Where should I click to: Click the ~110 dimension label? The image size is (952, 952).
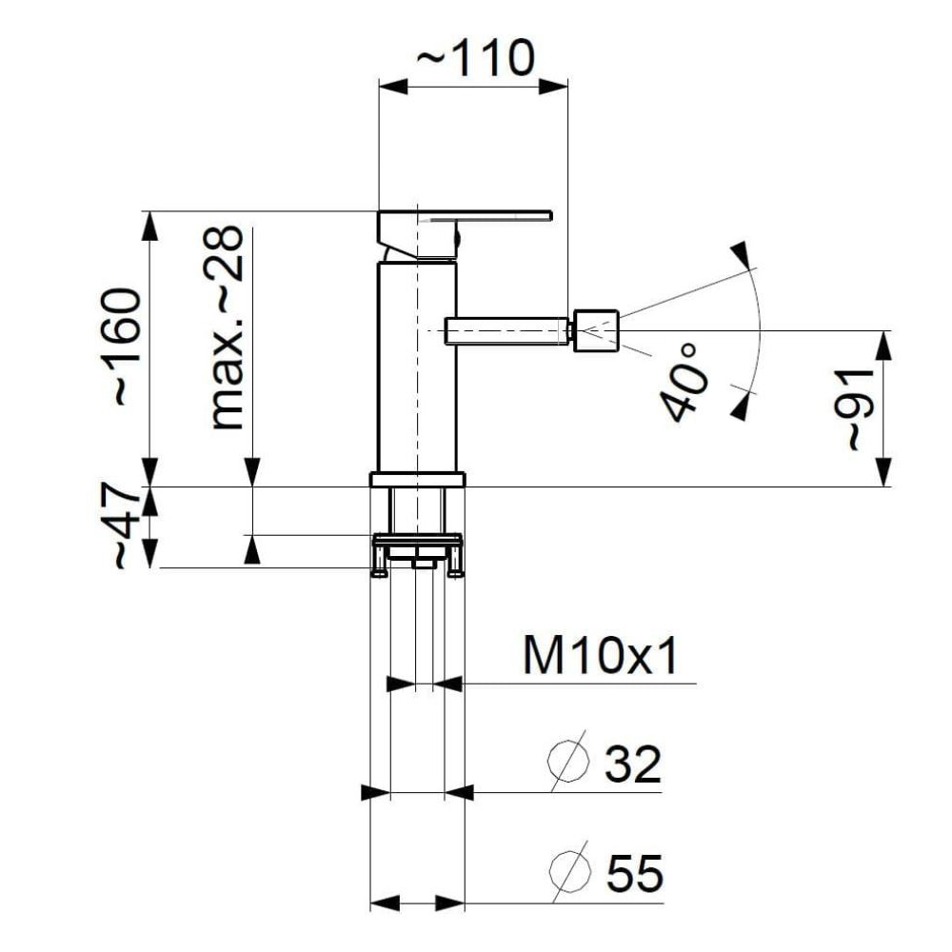pyautogui.click(x=476, y=58)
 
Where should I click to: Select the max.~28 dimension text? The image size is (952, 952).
pyautogui.click(x=226, y=327)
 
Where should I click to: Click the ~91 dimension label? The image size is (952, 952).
pyautogui.click(x=858, y=409)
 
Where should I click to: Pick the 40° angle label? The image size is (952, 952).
pyautogui.click(x=684, y=383)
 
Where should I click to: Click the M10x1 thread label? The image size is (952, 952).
pyautogui.click(x=599, y=656)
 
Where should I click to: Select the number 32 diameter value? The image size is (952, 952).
pyautogui.click(x=633, y=765)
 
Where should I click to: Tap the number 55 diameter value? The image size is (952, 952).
pyautogui.click(x=635, y=873)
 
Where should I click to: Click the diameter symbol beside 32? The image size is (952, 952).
pyautogui.click(x=569, y=762)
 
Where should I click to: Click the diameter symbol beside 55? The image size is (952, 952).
pyautogui.click(x=570, y=871)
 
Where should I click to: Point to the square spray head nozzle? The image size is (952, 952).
pyautogui.click(x=595, y=330)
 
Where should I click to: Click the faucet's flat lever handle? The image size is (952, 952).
pyautogui.click(x=466, y=215)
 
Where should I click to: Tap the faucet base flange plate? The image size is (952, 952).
pyautogui.click(x=417, y=480)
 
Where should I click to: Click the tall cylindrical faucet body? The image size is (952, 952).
pyautogui.click(x=417, y=367)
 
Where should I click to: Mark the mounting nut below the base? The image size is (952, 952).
pyautogui.click(x=417, y=554)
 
